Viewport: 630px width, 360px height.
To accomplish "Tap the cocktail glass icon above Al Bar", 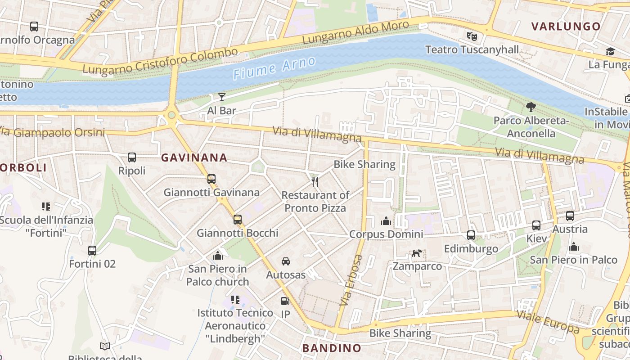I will (221, 97).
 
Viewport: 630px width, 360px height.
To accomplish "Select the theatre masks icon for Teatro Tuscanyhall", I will (471, 36).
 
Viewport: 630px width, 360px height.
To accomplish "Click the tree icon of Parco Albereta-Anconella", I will (531, 107).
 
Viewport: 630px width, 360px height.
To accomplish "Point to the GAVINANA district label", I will (194, 157).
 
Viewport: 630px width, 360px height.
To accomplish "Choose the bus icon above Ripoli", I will (132, 157).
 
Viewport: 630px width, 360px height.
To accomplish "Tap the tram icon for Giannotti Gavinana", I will (211, 179).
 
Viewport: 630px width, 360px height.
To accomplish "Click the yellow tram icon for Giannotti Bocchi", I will (238, 220).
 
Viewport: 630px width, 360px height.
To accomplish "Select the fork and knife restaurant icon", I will (315, 182).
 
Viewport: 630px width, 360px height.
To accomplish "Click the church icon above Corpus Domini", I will (386, 221).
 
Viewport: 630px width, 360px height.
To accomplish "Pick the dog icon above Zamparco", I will (417, 253).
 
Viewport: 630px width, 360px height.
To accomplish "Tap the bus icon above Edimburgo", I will (471, 235).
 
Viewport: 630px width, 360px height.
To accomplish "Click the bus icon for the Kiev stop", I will (536, 225).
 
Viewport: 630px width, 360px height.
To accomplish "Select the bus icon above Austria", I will (570, 216).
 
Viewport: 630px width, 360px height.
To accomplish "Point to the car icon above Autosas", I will (286, 261).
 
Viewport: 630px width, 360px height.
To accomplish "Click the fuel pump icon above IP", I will (285, 301).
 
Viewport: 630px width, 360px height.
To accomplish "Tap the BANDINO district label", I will (332, 348).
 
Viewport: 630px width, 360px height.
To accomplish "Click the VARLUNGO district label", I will (566, 26).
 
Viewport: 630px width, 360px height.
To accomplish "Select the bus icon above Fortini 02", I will (92, 251).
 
